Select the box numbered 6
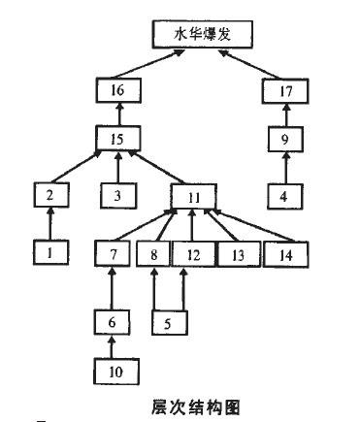click(x=115, y=320)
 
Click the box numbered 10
click(x=115, y=370)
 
